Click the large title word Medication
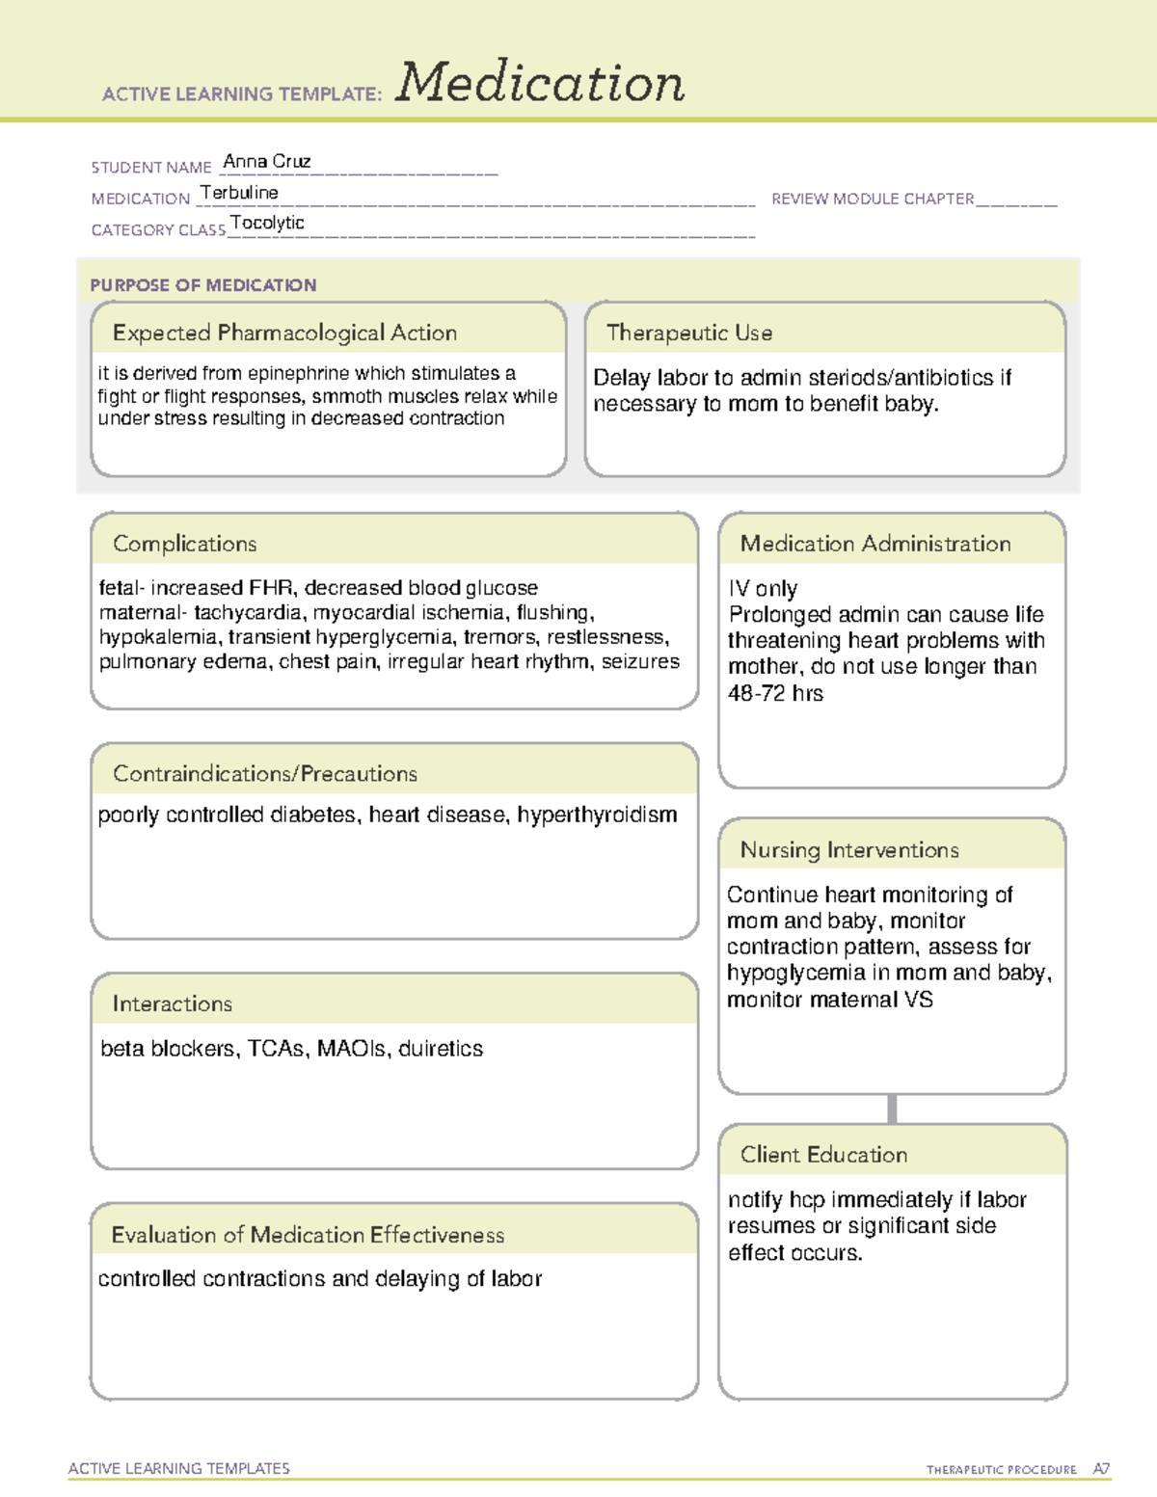coord(540,83)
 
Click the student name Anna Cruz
coord(266,161)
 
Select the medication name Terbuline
coord(239,193)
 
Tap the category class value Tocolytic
coord(267,223)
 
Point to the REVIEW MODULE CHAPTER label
coord(872,199)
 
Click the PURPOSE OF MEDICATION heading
coord(202,285)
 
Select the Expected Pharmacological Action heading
coord(284,333)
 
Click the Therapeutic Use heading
coord(688,333)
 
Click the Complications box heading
coord(184,544)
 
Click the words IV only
coord(763,588)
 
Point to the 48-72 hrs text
coord(775,693)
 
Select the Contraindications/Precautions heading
coord(264,774)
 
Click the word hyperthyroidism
coord(597,815)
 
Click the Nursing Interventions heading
coord(848,850)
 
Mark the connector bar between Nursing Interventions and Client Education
coord(892,1109)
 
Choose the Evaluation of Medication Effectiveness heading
coord(308,1235)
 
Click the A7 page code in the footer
coord(1100,1469)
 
